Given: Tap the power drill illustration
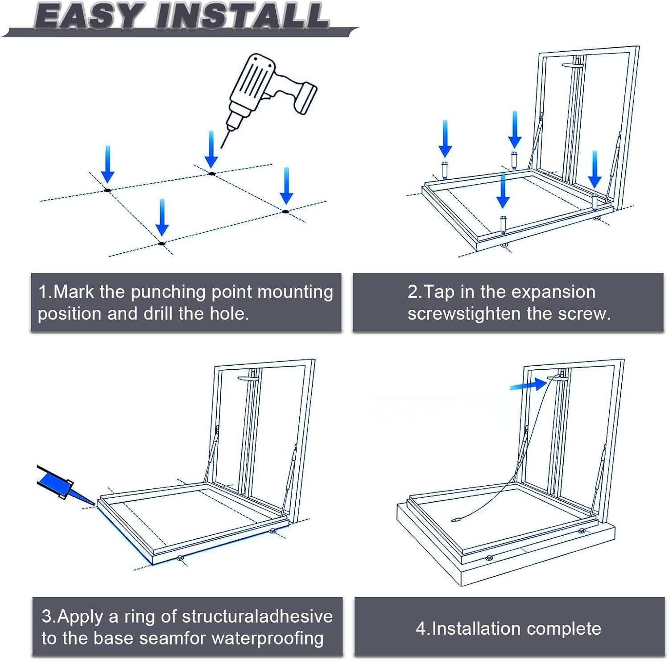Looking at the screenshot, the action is coord(268,89).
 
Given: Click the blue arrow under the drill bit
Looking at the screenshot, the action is coord(211,149).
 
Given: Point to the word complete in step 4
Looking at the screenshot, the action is coord(564,629).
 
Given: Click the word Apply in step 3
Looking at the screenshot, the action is coord(83,616).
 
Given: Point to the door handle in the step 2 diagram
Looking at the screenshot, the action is coord(573,66).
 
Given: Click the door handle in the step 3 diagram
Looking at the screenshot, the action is coord(248,379).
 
